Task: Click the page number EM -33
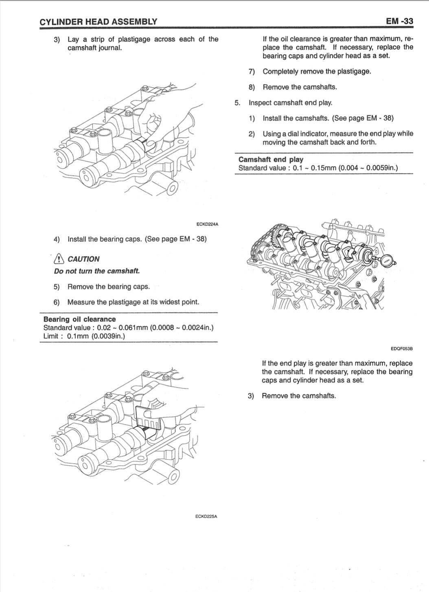pos(399,22)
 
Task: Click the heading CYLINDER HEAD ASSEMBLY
pos(98,22)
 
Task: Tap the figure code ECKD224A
pos(207,224)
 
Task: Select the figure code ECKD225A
pos(206,516)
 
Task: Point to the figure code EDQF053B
pos(401,349)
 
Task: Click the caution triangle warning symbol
pos(59,259)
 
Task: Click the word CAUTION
pos(83,259)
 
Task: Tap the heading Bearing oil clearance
pos(79,319)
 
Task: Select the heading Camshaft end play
pos(271,160)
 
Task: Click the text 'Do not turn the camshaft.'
pos(97,271)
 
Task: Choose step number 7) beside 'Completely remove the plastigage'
pos(252,72)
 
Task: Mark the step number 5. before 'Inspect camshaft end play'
pos(237,103)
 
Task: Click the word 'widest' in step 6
pos(162,302)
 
